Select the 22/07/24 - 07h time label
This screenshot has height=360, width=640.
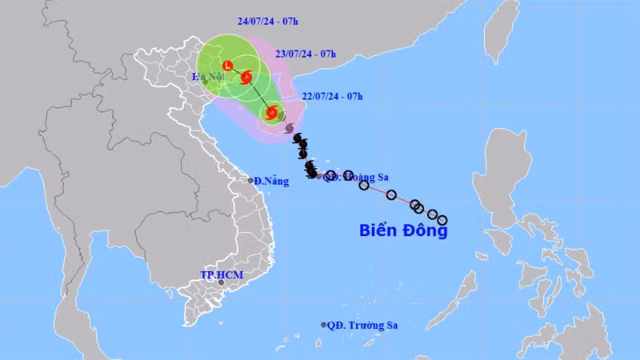click(x=332, y=96)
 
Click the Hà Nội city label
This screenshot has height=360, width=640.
click(x=206, y=76)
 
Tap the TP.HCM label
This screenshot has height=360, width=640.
click(x=221, y=275)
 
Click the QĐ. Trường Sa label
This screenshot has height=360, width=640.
click(x=363, y=325)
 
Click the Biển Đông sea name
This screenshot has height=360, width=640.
click(x=402, y=231)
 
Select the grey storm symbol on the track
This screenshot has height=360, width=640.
click(x=289, y=128)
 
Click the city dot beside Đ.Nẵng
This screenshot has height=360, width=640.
click(x=250, y=181)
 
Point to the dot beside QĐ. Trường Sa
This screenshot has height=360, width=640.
click(x=324, y=325)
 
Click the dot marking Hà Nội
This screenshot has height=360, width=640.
click(x=206, y=82)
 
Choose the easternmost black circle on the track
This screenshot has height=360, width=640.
click(x=442, y=220)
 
